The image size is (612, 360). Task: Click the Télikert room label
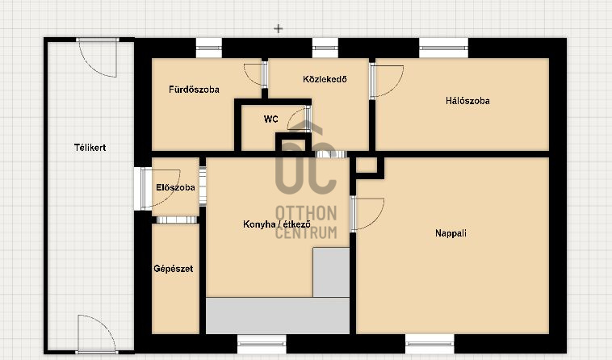point(90,148)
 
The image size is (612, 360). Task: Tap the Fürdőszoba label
point(194,90)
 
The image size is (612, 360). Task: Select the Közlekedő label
point(325,79)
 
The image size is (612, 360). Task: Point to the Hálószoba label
point(467,101)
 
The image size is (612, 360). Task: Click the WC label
point(270,119)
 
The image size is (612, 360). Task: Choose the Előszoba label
point(175,187)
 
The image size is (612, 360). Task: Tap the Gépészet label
point(174,269)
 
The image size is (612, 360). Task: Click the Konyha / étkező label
point(277,224)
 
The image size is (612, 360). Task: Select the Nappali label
point(451,233)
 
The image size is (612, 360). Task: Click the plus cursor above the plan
point(278,28)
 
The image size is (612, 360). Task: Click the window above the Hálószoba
point(444,48)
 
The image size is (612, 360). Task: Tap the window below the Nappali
point(430,344)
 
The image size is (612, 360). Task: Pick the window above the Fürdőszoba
point(208,48)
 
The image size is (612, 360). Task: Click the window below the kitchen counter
point(262,344)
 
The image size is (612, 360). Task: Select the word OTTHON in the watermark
point(306,213)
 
